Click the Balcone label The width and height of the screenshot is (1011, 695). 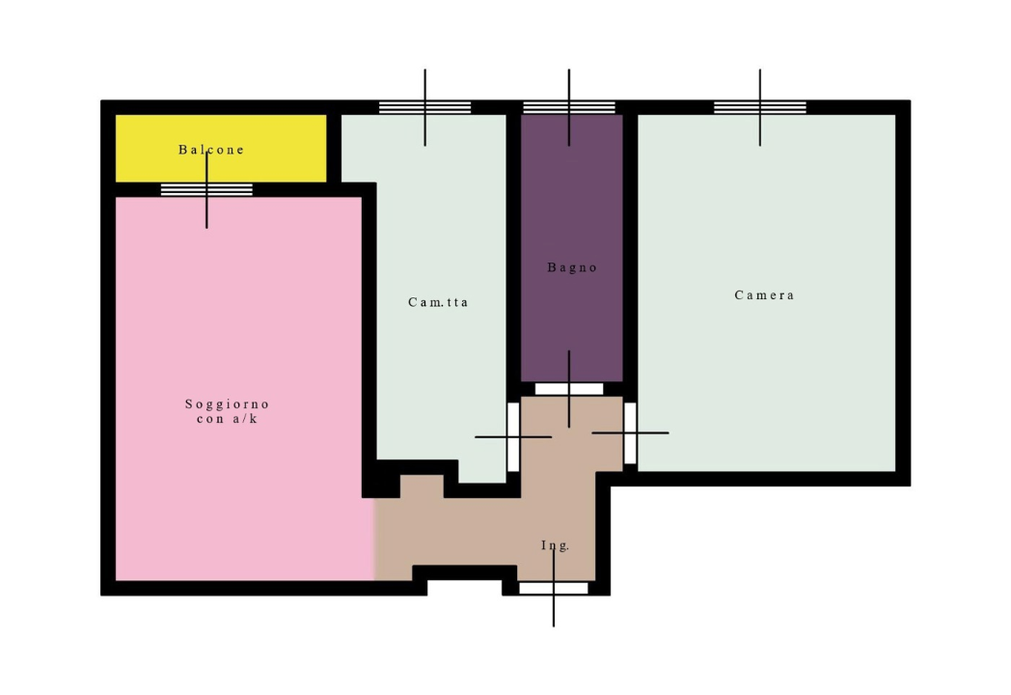coord(211,150)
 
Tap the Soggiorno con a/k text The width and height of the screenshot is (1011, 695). coord(227,411)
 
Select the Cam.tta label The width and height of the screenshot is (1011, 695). coord(438,302)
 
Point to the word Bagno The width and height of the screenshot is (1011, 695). coord(572,267)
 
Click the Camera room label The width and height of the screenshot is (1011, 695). coord(764,295)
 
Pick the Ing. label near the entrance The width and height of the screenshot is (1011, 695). coord(555,545)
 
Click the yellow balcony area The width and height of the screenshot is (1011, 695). coord(221,149)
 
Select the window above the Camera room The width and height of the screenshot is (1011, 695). coord(759,107)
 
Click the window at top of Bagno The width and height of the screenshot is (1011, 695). coord(569,107)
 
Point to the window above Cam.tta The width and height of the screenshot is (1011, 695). coord(424,107)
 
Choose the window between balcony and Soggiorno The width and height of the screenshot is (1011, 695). coord(206,190)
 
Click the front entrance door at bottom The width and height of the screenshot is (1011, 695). coord(554,588)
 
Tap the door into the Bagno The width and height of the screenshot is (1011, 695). coord(569,389)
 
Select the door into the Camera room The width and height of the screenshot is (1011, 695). coord(630,433)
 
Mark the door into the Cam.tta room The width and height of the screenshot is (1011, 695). coord(513,437)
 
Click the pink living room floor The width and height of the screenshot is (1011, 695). coord(238,388)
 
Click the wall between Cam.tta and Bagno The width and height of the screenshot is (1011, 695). coord(514,258)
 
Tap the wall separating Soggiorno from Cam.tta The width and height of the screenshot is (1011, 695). coord(369,336)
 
